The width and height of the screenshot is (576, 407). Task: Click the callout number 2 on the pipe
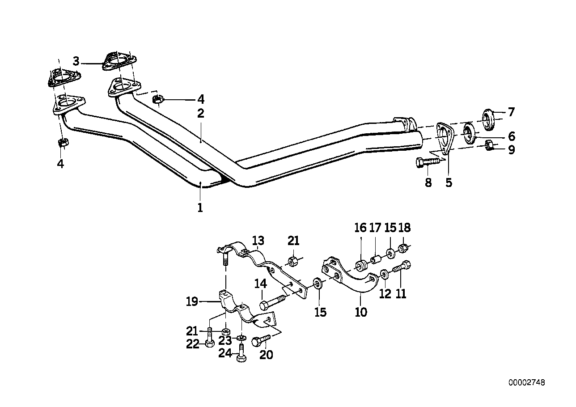coord(201,114)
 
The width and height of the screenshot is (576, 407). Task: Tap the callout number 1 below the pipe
coord(200,208)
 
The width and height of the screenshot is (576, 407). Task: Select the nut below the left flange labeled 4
coord(63,143)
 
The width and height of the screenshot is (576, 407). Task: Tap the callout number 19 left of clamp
coord(192,302)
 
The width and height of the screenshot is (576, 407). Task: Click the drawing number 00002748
coord(526,382)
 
